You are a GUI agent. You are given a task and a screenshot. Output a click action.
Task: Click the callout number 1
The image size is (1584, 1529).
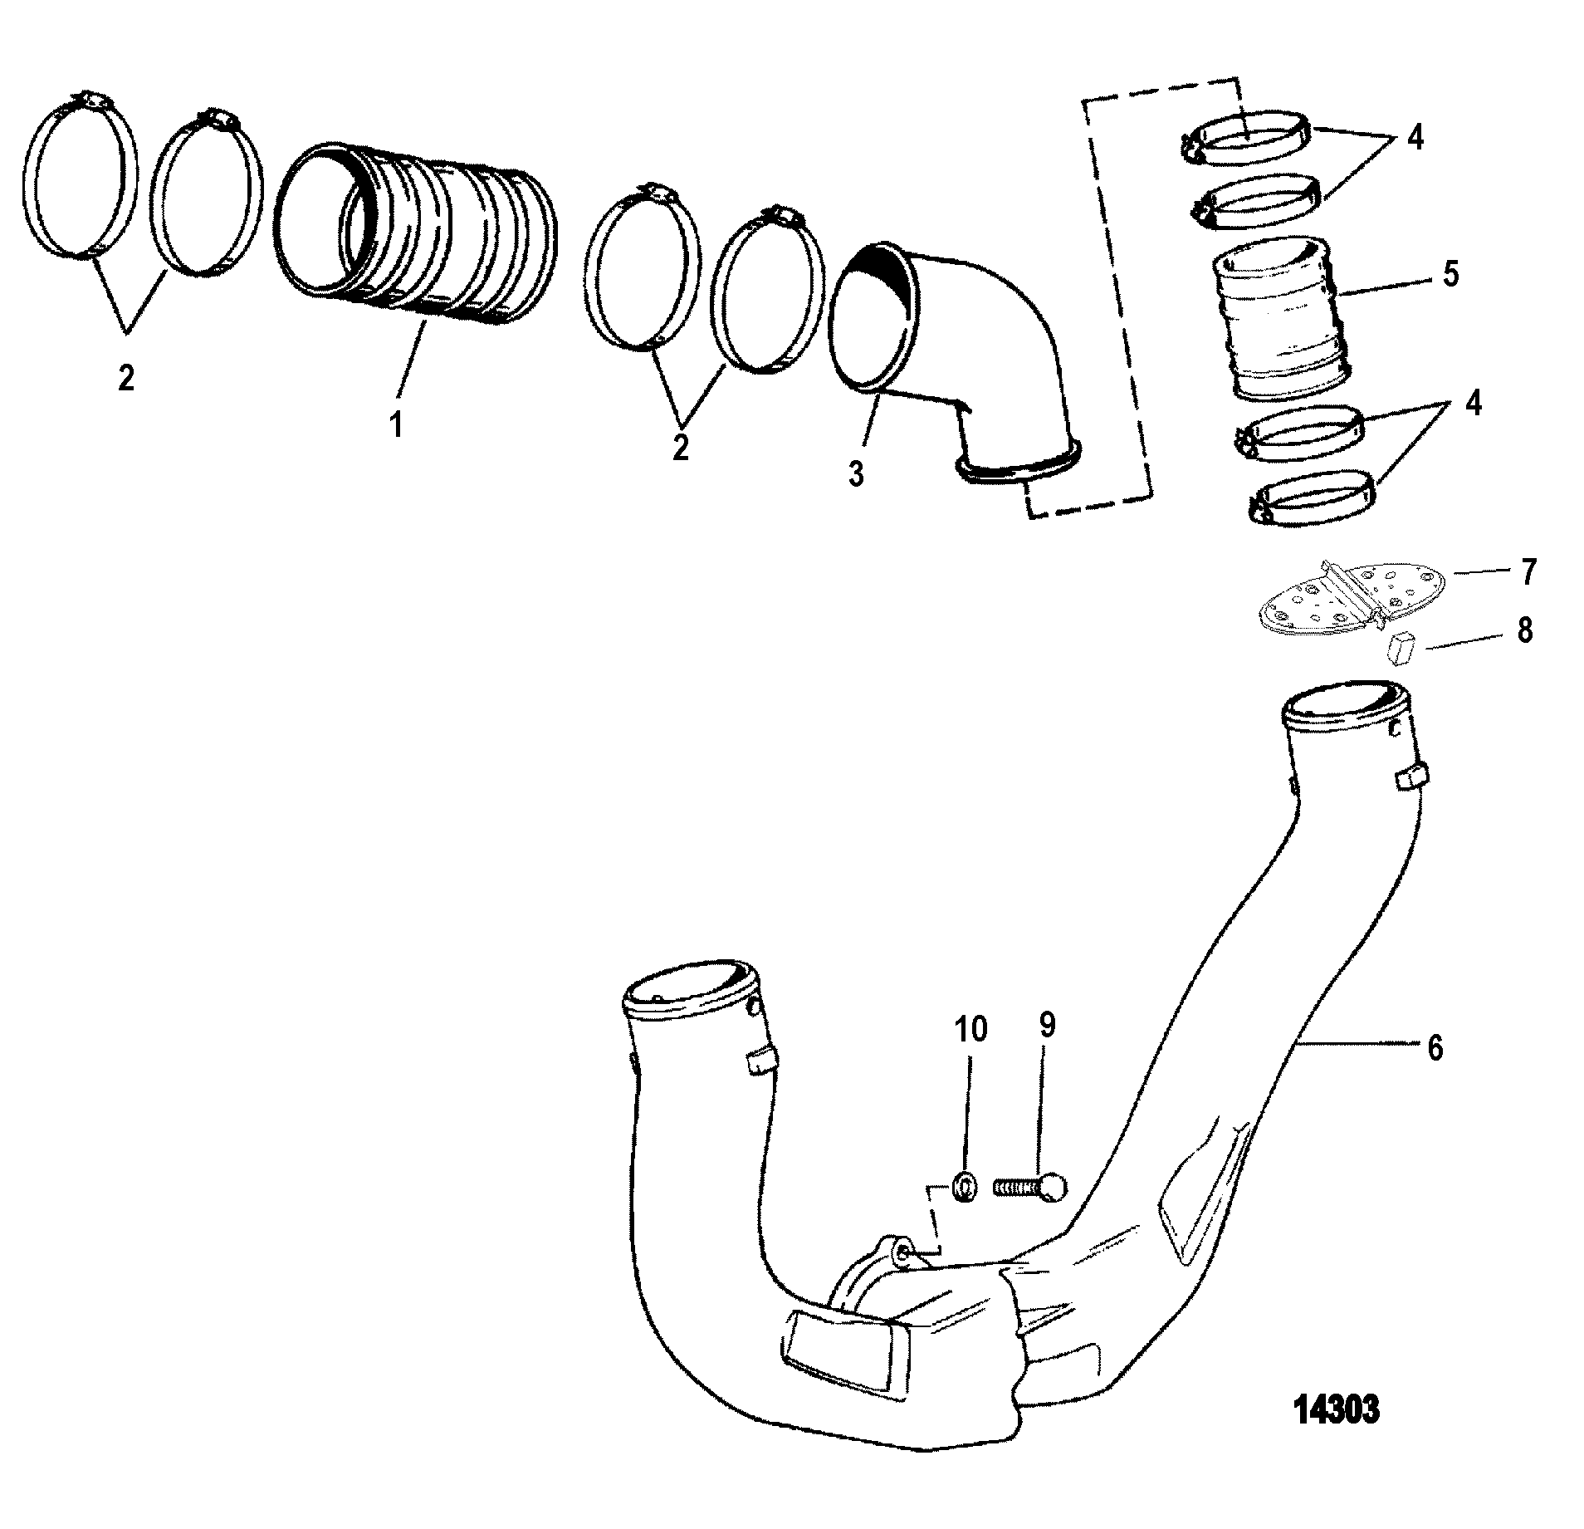397,426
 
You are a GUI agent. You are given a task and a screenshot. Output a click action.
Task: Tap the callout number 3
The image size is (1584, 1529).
856,473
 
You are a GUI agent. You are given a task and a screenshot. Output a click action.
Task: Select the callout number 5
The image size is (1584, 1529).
1450,274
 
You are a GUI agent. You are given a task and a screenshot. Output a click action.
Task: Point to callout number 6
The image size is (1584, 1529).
1435,1049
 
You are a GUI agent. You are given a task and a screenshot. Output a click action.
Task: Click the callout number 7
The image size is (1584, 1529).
1528,572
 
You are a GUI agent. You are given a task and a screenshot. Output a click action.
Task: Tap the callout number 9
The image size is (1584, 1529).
1047,1027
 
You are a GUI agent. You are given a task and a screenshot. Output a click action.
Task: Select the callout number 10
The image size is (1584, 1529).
970,1029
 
